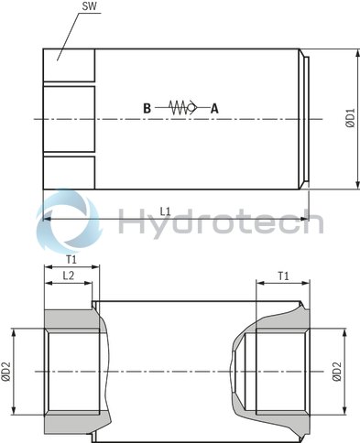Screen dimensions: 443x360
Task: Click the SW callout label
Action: click(x=89, y=8)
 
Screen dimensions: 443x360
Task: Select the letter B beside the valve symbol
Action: click(x=147, y=107)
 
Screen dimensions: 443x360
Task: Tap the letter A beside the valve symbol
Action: click(x=215, y=107)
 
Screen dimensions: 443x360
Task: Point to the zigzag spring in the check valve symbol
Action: click(x=177, y=107)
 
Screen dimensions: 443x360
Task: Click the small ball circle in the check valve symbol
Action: click(x=192, y=107)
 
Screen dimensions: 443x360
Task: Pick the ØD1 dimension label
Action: click(x=349, y=119)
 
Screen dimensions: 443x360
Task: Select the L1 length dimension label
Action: click(x=165, y=211)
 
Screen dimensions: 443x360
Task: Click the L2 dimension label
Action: click(x=68, y=276)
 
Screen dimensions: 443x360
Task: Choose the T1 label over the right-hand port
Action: click(x=283, y=276)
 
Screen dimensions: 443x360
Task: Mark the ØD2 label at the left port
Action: click(x=6, y=371)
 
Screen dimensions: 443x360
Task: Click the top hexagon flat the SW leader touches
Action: click(x=69, y=62)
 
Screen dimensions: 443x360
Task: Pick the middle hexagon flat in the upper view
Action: click(x=69, y=116)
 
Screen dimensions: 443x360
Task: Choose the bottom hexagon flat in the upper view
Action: click(x=69, y=172)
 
